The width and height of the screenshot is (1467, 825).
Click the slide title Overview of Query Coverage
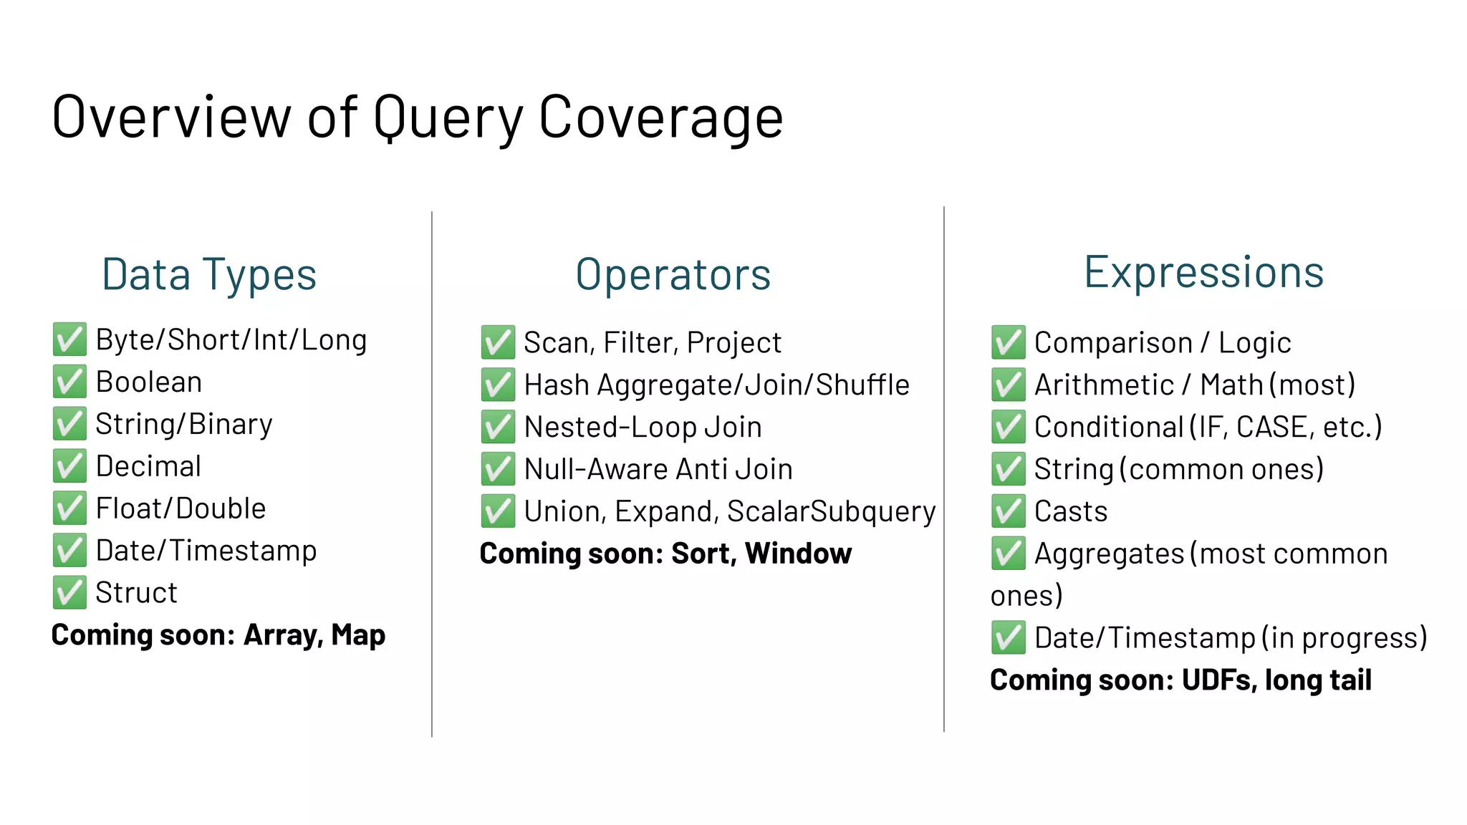[x=418, y=117]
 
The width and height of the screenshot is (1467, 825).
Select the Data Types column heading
[x=209, y=275]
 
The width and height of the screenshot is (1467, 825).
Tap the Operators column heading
[x=673, y=275]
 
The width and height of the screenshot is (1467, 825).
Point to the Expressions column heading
[x=1203, y=273]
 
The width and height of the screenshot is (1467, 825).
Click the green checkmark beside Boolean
[x=69, y=382]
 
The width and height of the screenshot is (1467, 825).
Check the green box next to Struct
[x=69, y=593]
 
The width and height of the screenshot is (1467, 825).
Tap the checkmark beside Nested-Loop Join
[x=498, y=428]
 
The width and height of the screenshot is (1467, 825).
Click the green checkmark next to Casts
[x=1009, y=511]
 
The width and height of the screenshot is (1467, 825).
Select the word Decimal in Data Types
[x=149, y=466]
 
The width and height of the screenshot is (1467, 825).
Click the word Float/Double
[x=181, y=508]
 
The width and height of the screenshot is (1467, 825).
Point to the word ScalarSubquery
[x=831, y=511]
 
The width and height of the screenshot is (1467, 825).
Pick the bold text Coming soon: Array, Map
[x=218, y=635]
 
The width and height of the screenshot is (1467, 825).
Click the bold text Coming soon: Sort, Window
[x=665, y=554]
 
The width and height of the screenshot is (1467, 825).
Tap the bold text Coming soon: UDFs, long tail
[x=1180, y=680]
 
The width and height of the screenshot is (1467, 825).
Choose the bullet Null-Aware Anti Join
[x=658, y=470]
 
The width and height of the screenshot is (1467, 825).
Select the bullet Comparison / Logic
[x=1163, y=343]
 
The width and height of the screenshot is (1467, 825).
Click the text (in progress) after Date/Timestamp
[x=1345, y=637]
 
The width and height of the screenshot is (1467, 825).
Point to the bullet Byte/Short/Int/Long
[x=231, y=339]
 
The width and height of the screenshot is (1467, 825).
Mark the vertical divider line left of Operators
[x=432, y=473]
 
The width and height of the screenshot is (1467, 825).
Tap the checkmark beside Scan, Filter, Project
[x=498, y=343]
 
